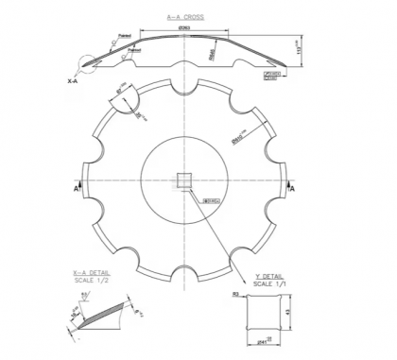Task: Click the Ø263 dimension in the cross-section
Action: coord(187,28)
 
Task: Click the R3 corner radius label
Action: coord(237,296)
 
